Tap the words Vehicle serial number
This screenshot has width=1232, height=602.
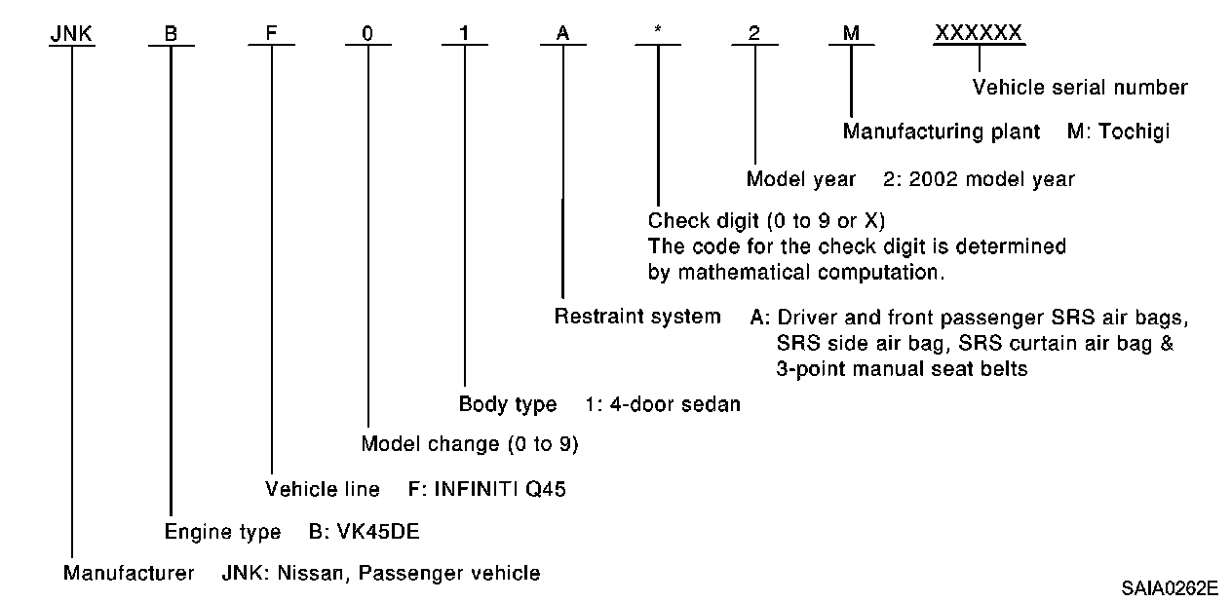click(x=1080, y=88)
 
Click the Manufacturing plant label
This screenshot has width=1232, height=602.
click(x=942, y=131)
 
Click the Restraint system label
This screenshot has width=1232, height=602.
click(x=637, y=317)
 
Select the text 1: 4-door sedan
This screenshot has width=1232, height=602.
click(x=663, y=404)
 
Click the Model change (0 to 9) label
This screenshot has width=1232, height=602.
click(x=470, y=445)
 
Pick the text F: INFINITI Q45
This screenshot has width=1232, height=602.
click(x=487, y=489)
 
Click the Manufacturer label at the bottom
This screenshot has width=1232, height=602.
click(x=129, y=573)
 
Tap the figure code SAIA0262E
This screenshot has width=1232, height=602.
click(x=1169, y=588)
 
